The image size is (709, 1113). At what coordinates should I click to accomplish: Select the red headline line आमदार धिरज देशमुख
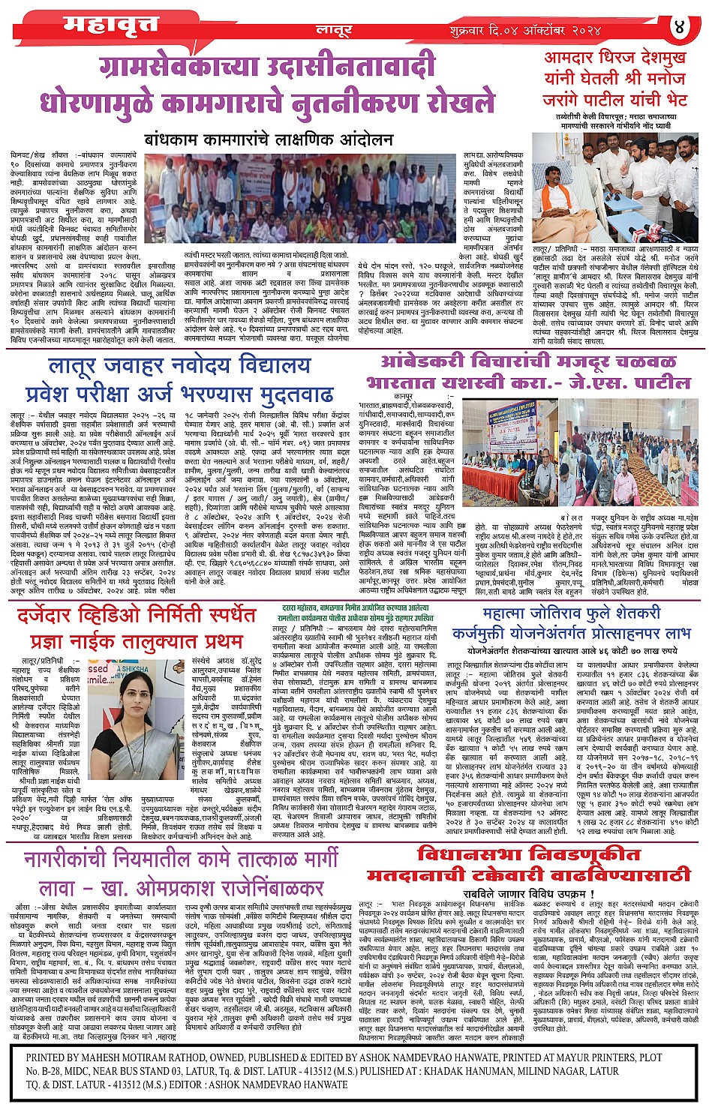(x=615, y=58)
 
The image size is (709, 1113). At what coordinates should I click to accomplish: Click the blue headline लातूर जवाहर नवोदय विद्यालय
(x=179, y=367)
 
